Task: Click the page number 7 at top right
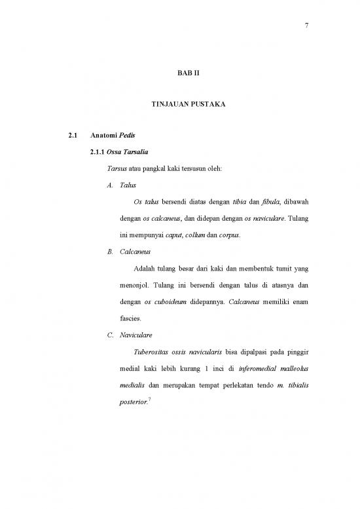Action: pyautogui.click(x=306, y=26)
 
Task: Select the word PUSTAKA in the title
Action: pyautogui.click(x=206, y=105)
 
